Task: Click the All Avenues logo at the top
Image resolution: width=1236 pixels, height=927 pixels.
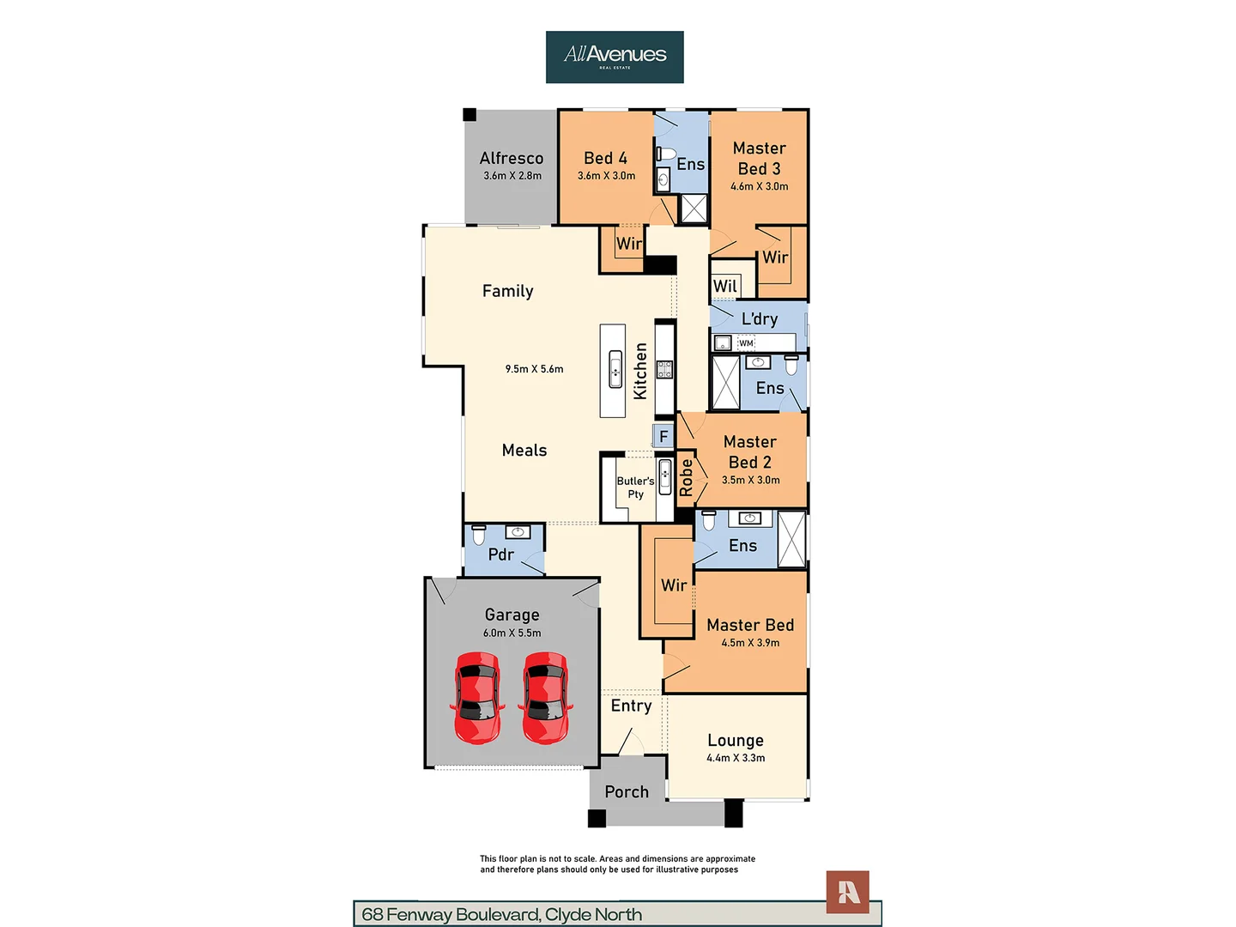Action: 615,57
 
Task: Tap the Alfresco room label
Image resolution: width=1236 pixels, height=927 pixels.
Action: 512,158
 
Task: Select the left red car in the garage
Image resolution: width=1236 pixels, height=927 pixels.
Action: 477,698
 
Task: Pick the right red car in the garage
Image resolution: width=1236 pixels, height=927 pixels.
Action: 545,698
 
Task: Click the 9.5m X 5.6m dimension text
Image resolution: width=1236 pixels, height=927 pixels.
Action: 534,369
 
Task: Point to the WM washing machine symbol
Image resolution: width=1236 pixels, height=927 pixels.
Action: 746,342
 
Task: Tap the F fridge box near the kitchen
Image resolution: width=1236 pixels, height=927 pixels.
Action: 663,436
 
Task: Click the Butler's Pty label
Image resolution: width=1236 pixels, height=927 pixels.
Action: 635,488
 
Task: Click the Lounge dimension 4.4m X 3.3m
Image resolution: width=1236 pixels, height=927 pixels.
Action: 736,758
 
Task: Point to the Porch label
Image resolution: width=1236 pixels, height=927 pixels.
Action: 627,792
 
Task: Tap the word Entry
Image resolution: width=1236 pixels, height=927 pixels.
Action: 631,706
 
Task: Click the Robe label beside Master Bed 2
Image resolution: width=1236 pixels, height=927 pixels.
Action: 686,477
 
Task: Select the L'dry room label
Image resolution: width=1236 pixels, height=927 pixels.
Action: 759,319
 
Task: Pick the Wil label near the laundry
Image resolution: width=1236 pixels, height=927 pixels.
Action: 724,286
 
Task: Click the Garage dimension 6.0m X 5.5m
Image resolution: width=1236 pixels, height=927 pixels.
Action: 512,633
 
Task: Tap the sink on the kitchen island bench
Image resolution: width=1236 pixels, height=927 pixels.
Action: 615,369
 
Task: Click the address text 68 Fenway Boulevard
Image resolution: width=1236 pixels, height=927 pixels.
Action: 451,915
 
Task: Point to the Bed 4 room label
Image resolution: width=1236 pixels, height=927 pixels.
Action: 605,158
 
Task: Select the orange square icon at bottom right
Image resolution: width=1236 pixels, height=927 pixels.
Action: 847,892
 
